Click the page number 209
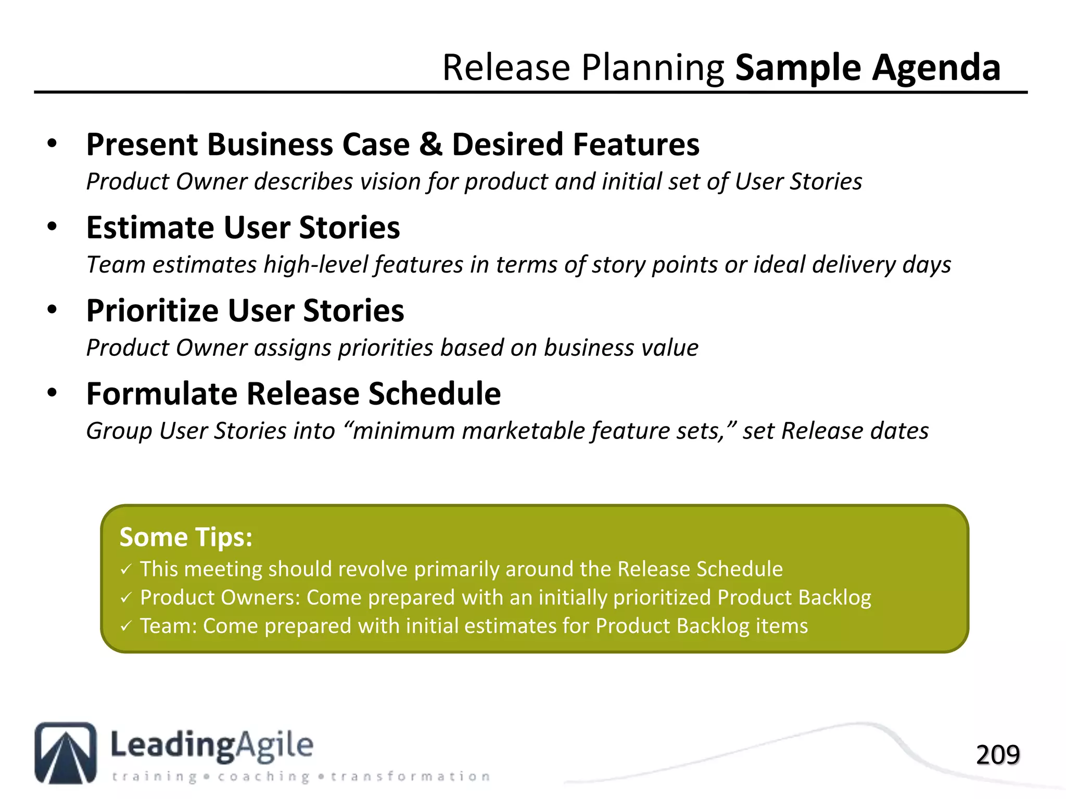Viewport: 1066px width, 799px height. coord(997,755)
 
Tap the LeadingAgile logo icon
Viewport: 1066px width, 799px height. coord(66,753)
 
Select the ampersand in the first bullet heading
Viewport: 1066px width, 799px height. coord(430,144)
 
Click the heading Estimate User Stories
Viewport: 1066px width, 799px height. coord(243,228)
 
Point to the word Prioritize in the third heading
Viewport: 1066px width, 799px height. coord(153,311)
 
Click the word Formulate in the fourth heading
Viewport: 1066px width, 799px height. coord(162,394)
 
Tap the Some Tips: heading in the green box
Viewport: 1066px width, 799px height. coord(186,537)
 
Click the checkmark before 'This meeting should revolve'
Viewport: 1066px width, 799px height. coord(126,570)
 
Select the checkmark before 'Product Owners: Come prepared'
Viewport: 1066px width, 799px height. coord(126,598)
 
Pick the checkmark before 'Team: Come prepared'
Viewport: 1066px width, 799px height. coord(126,626)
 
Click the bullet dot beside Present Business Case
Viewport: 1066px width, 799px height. coord(52,144)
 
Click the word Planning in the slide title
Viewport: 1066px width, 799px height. coord(652,68)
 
